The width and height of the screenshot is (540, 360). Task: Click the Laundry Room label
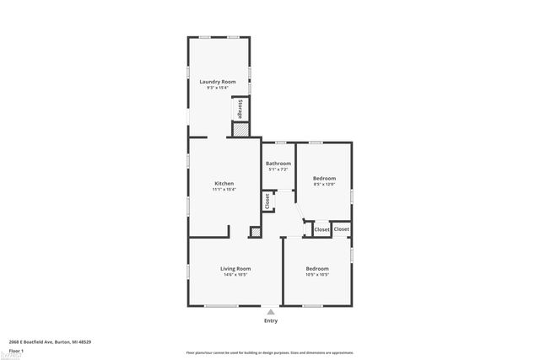click(217, 82)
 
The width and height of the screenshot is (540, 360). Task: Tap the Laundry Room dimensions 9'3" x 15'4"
click(217, 88)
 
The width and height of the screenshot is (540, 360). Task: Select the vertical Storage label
click(240, 110)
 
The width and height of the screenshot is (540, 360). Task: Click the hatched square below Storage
click(240, 130)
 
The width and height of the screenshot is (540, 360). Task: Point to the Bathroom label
click(278, 164)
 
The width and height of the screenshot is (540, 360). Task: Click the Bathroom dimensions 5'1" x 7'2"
click(278, 169)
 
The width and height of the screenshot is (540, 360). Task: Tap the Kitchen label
click(224, 184)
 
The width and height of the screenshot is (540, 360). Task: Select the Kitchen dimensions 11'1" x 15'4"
click(224, 190)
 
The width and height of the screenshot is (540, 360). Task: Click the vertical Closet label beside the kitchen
click(267, 201)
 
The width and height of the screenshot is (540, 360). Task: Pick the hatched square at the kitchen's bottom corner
click(254, 232)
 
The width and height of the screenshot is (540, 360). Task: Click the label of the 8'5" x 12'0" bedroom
click(324, 178)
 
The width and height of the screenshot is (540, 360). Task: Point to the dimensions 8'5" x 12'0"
click(324, 184)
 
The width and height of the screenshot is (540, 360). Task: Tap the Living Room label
click(236, 268)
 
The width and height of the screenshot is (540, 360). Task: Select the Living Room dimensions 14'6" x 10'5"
click(236, 274)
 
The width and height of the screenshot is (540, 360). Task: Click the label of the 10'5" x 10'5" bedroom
click(317, 268)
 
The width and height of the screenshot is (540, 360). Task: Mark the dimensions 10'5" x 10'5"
click(317, 274)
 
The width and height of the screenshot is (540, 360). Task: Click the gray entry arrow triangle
click(270, 310)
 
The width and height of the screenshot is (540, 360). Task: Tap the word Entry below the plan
click(270, 320)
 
